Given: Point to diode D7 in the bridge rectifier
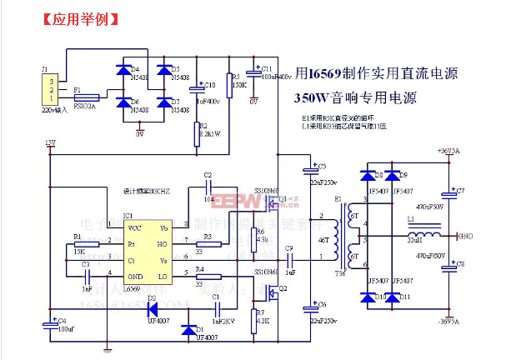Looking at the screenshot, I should click(x=164, y=103).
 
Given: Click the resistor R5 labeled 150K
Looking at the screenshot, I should click(x=230, y=82).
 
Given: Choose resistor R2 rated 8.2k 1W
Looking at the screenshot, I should click(x=197, y=131).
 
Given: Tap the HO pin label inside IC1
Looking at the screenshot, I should click(x=163, y=243).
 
